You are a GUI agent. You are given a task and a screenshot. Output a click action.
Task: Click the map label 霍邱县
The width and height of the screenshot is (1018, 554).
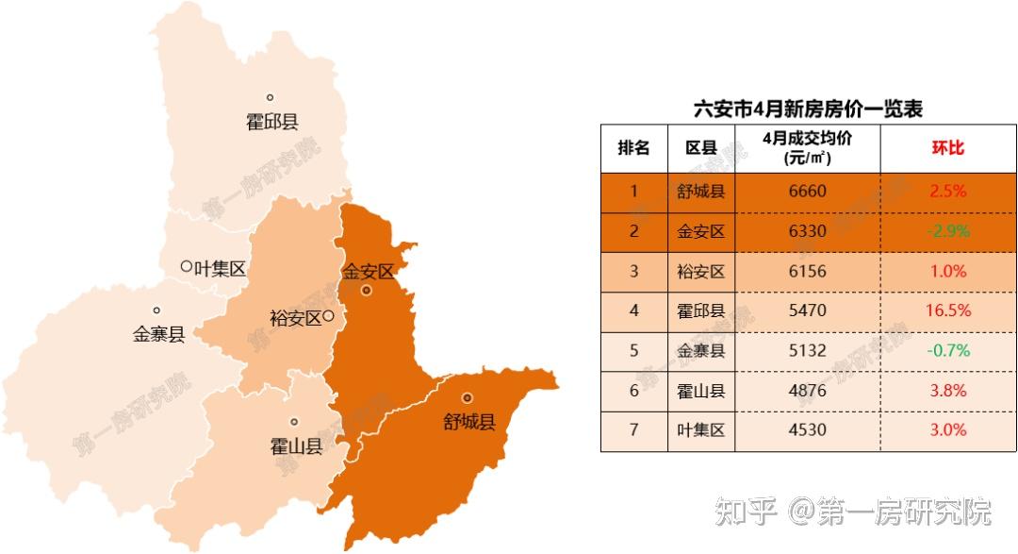click(x=271, y=122)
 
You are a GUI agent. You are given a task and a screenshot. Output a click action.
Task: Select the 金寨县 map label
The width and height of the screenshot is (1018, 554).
click(x=158, y=333)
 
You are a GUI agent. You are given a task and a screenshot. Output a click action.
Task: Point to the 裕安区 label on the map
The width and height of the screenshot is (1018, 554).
click(x=296, y=318)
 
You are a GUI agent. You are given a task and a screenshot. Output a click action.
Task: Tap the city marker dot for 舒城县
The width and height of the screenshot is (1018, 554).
click(x=467, y=398)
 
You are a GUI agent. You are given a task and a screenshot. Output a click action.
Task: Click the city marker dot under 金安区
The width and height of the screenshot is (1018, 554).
click(x=367, y=292)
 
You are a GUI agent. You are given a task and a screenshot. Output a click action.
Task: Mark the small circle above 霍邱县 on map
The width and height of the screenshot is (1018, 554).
click(x=270, y=97)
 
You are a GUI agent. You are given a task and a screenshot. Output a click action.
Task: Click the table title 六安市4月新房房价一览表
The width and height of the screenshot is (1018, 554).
click(x=808, y=109)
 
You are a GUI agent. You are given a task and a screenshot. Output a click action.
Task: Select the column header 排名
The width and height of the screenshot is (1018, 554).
click(x=633, y=148)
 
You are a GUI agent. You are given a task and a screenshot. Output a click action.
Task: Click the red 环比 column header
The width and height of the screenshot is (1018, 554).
click(x=948, y=148)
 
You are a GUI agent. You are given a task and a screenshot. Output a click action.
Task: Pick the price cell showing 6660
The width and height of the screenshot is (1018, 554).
click(x=807, y=192)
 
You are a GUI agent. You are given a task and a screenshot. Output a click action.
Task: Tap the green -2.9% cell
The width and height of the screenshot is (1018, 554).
click(x=948, y=231)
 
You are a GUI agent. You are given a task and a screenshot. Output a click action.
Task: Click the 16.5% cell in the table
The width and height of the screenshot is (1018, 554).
click(x=948, y=311)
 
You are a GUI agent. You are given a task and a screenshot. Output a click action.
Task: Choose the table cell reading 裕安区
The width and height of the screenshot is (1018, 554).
click(x=701, y=272)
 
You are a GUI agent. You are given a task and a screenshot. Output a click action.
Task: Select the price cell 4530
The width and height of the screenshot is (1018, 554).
click(x=807, y=430)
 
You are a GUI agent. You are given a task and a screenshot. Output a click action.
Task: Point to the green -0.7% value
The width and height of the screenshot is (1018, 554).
click(x=948, y=351)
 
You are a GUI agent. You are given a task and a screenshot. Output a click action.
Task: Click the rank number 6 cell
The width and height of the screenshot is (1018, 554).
click(x=633, y=391)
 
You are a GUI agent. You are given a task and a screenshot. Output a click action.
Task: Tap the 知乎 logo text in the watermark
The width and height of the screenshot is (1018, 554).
click(x=745, y=512)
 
